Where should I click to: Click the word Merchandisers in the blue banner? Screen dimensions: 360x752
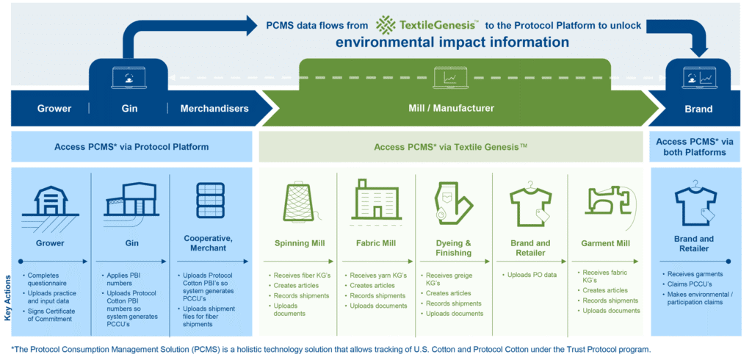(214, 109)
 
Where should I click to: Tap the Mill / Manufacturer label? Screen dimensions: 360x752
(451, 109)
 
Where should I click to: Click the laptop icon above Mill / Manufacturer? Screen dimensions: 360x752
(451, 76)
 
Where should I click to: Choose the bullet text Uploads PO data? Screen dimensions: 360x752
(532, 275)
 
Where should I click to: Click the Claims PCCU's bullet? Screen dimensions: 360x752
(687, 284)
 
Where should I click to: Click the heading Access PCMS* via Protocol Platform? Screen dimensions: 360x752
(131, 147)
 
